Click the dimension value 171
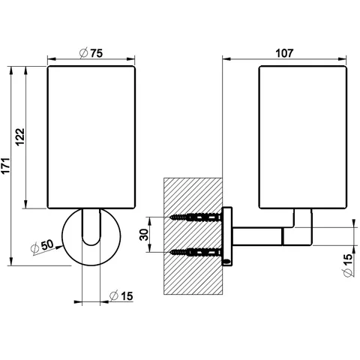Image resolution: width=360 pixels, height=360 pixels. click(x=5, y=166)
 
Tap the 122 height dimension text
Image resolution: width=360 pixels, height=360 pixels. click(x=20, y=136)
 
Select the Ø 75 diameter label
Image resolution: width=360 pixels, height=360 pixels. click(x=91, y=53)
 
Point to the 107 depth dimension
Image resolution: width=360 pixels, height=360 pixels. click(x=284, y=53)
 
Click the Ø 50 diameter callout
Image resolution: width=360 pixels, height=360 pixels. click(x=42, y=246)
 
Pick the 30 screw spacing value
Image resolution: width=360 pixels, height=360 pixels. click(x=144, y=235)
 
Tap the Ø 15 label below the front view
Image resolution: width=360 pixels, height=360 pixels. click(x=121, y=296)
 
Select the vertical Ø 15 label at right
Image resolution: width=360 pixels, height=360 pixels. click(x=348, y=265)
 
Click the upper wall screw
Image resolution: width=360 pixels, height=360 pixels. click(x=196, y=217)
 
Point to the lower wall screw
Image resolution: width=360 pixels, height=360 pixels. click(x=196, y=252)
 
